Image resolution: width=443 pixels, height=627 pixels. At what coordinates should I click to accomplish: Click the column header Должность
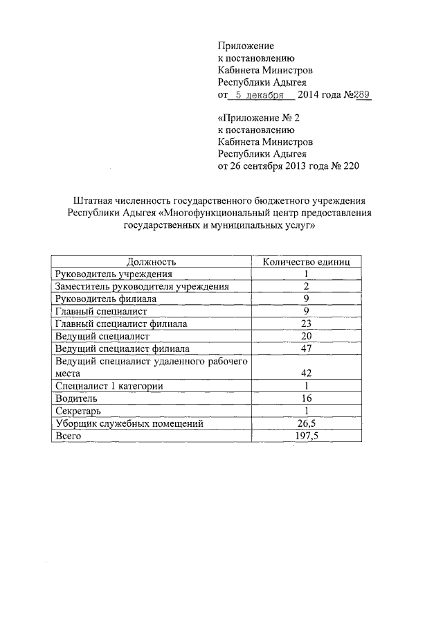pyautogui.click(x=151, y=262)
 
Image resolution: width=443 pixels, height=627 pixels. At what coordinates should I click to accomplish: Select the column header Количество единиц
pyautogui.click(x=305, y=262)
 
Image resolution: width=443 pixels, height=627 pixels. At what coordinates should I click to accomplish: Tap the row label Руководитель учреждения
pyautogui.click(x=109, y=274)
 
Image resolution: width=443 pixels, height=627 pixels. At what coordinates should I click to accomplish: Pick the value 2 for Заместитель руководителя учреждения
pyautogui.click(x=306, y=287)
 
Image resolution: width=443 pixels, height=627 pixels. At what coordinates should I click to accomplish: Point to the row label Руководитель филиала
pyautogui.click(x=105, y=299)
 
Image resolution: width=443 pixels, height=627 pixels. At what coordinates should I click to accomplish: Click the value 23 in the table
pyautogui.click(x=306, y=324)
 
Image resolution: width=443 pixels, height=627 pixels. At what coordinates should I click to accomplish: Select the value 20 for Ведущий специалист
pyautogui.click(x=306, y=337)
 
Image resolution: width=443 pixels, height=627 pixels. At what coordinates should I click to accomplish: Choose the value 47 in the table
pyautogui.click(x=306, y=348)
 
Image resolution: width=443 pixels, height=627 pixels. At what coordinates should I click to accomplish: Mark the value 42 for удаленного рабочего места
pyautogui.click(x=306, y=373)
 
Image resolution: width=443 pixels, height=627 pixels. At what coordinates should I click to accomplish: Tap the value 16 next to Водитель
pyautogui.click(x=306, y=398)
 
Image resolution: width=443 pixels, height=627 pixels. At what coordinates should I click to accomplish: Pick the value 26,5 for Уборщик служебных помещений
pyautogui.click(x=306, y=423)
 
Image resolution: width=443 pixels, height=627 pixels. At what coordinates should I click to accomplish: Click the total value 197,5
pyautogui.click(x=306, y=436)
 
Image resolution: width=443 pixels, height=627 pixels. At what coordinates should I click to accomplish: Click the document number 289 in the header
pyautogui.click(x=363, y=95)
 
